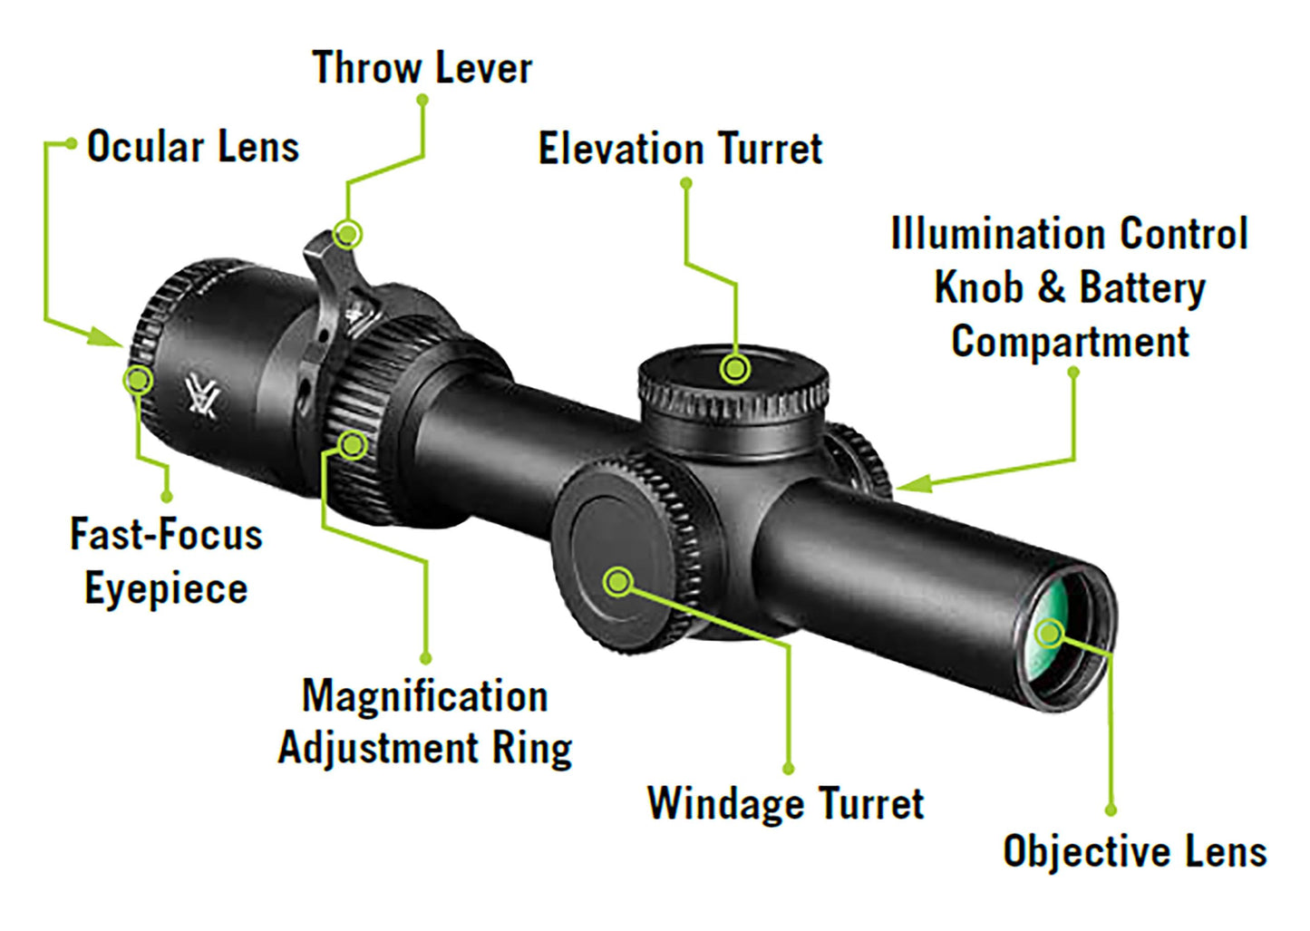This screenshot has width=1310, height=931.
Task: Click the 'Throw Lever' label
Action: [422, 68]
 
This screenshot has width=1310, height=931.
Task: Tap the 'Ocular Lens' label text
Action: [193, 146]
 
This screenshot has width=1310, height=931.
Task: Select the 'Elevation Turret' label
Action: [680, 149]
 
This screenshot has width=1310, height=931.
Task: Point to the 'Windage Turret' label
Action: [785, 804]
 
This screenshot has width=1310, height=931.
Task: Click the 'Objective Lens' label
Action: [1134, 851]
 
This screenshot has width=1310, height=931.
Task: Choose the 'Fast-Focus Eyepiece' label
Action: [166, 561]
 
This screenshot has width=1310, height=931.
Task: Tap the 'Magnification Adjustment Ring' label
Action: [425, 722]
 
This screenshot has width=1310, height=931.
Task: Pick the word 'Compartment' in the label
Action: [1070, 342]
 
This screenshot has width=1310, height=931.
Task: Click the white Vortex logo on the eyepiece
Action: [202, 398]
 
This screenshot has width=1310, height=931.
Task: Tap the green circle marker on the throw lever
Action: [347, 235]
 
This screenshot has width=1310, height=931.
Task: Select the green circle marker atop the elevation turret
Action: [735, 369]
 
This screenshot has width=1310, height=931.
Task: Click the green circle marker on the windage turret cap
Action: [618, 582]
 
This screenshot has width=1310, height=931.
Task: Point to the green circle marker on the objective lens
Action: [1050, 633]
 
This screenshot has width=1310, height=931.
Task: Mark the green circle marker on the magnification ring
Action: [352, 445]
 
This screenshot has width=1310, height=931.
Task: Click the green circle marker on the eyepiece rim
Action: [138, 380]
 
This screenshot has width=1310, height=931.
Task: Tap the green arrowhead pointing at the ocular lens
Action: [105, 336]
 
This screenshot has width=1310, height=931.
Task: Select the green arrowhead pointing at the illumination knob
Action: [913, 483]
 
